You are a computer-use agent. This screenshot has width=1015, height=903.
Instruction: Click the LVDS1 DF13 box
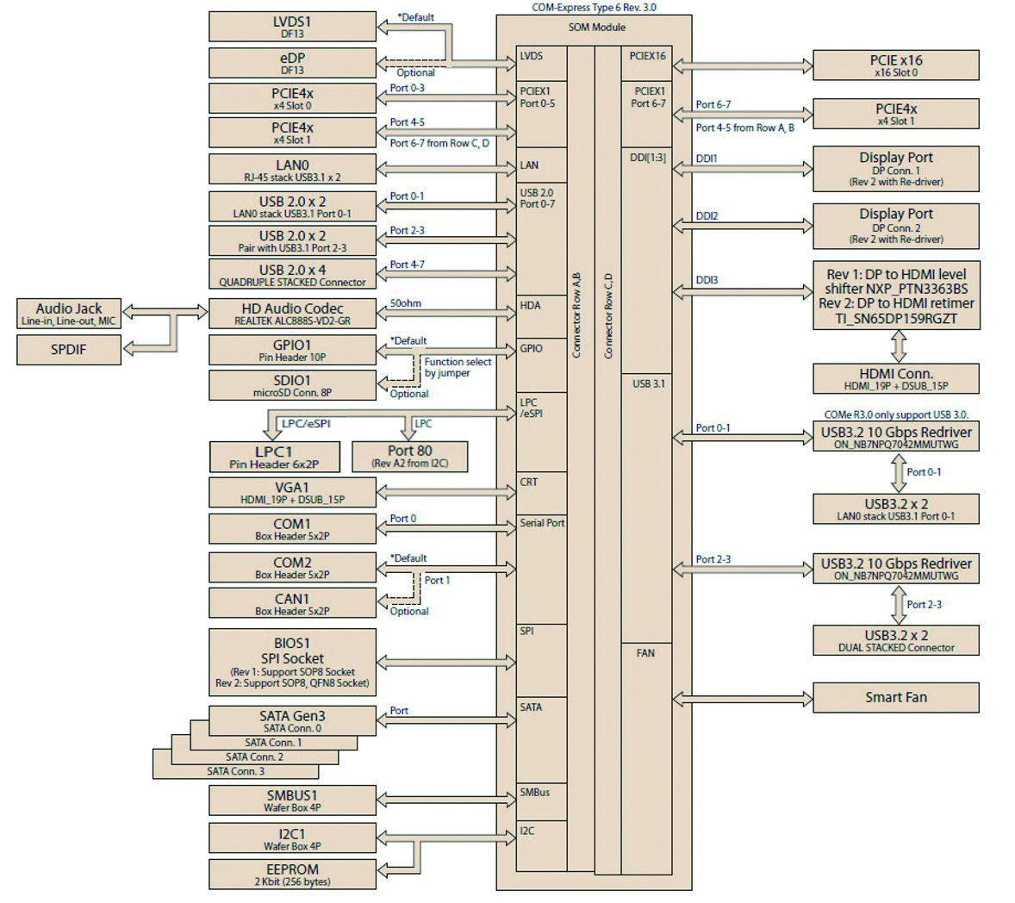[x=292, y=27]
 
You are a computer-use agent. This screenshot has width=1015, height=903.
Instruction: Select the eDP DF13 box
[x=292, y=63]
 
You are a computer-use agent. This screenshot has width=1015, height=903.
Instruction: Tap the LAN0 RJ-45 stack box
[x=292, y=170]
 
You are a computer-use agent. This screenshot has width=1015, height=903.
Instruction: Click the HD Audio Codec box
[x=292, y=314]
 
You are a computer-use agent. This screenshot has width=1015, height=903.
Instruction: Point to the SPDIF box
[x=68, y=349]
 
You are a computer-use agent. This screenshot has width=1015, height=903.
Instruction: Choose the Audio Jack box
[x=68, y=314]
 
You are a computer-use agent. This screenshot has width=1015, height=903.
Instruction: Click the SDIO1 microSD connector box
[x=292, y=385]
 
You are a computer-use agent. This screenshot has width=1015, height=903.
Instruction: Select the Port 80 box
[x=410, y=456]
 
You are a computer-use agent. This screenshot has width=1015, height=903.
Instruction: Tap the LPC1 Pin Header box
[x=274, y=457]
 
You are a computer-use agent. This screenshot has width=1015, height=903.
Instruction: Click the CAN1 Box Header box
[x=292, y=603]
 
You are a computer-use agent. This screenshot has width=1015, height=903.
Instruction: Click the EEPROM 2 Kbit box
[x=292, y=875]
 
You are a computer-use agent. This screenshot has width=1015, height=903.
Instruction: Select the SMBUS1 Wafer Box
[x=292, y=800]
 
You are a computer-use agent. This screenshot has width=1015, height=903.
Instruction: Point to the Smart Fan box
[x=895, y=697]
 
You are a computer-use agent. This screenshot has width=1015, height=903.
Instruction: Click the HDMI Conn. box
[x=895, y=379]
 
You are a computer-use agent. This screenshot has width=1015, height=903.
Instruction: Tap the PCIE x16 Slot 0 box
[x=895, y=65]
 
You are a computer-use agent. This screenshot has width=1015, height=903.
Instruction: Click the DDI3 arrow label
[x=707, y=280]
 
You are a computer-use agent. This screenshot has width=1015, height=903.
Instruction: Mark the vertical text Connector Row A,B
[x=576, y=314]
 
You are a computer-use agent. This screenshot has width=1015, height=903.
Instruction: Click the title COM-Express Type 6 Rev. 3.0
[x=600, y=8]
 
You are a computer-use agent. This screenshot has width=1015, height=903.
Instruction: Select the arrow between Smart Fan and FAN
[x=742, y=697]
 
